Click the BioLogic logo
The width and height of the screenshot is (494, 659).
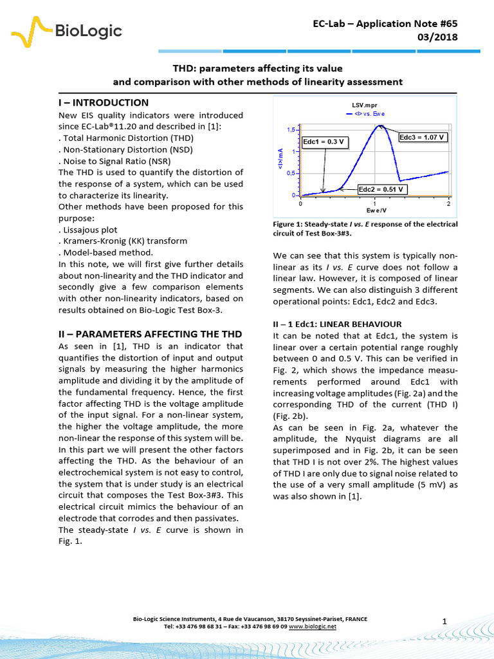point(67,30)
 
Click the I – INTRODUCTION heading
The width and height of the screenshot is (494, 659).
point(104,103)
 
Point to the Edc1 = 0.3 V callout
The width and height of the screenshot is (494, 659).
point(325,142)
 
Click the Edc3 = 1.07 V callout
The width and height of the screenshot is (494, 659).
point(423,137)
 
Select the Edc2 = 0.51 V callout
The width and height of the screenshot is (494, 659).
point(381,189)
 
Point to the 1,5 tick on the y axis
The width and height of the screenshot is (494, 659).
point(291,130)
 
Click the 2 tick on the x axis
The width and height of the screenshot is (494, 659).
point(448,203)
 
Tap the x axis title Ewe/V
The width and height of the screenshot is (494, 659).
point(376,210)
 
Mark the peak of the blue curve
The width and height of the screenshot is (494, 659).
point(380,125)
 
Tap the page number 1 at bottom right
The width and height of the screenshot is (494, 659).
point(444,620)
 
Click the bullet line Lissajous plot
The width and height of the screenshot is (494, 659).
point(90,229)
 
